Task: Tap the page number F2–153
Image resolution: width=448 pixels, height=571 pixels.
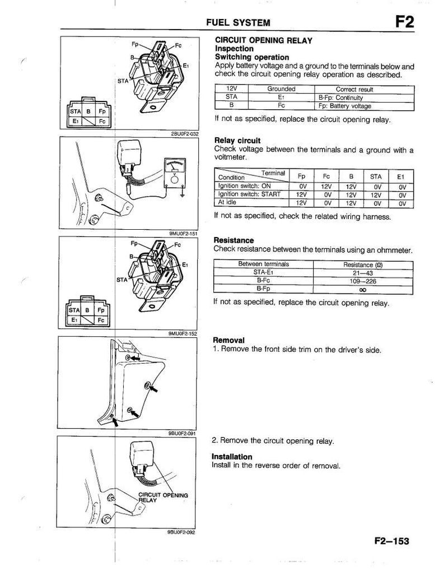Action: pos(389,541)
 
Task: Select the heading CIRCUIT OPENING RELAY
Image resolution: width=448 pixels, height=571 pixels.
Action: pos(264,41)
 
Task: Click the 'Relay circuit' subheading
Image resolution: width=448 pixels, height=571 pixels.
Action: pos(237,141)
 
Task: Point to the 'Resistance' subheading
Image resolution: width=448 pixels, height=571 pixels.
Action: pos(234,240)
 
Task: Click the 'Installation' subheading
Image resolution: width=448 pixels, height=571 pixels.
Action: pos(232,457)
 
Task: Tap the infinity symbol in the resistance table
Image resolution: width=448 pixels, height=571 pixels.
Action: pos(363,290)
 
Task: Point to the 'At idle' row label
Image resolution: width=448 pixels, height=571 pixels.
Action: pos(229,202)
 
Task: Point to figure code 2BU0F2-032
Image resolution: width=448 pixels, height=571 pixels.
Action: pos(182,134)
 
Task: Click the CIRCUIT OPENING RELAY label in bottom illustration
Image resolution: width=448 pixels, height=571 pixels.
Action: pos(162,498)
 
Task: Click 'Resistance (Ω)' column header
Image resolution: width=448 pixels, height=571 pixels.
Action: pos(363,264)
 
